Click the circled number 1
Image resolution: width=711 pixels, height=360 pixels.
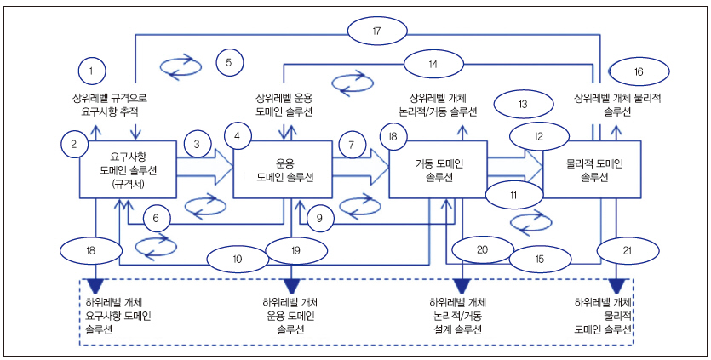[x=94, y=69]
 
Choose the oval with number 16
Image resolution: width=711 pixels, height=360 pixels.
[x=641, y=71]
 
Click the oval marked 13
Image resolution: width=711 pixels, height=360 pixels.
[x=523, y=104]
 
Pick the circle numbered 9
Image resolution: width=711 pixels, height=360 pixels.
[x=318, y=219]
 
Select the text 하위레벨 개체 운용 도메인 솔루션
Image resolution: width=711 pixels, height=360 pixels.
[x=291, y=316]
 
